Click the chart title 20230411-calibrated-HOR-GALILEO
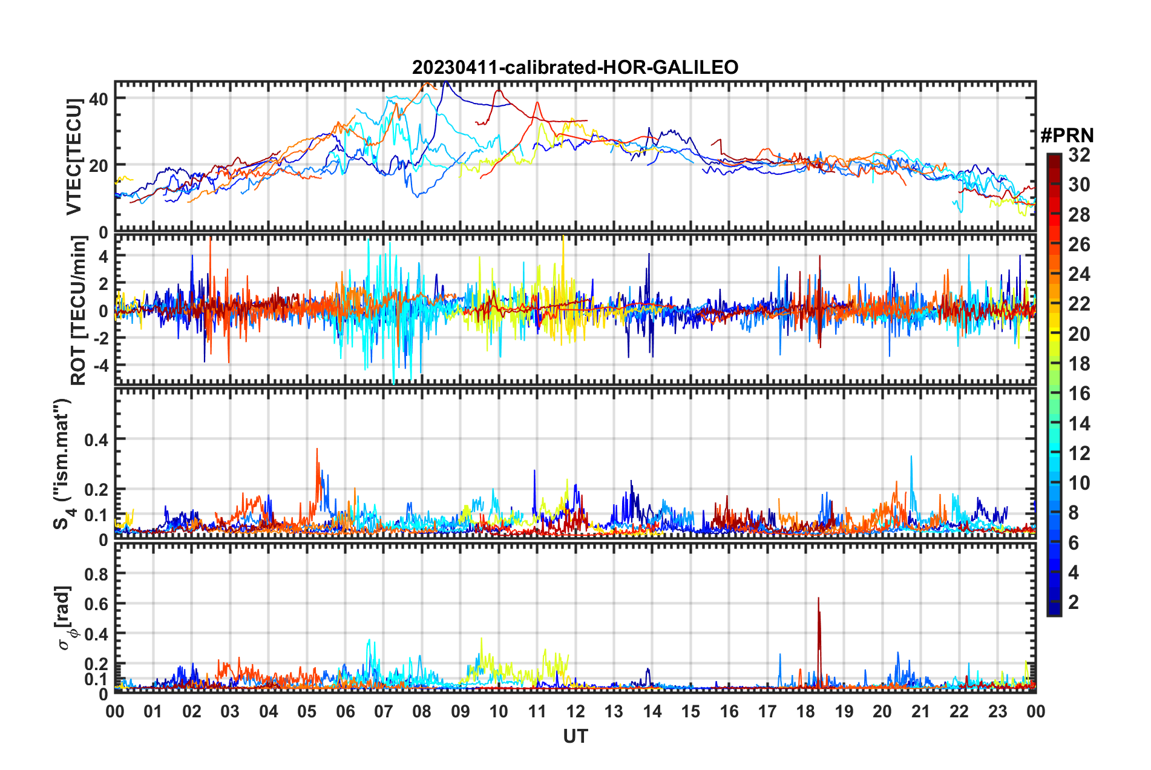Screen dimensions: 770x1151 tap(575, 67)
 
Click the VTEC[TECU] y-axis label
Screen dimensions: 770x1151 tap(74, 157)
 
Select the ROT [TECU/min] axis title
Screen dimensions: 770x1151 tap(79, 311)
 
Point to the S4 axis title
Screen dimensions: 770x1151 tap(62, 464)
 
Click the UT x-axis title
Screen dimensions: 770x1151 tap(575, 737)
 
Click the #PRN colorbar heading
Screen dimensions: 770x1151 tap(1067, 135)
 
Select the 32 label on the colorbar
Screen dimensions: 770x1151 tap(1079, 155)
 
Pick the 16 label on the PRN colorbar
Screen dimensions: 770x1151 tap(1079, 393)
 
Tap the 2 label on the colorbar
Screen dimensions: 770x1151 tap(1074, 602)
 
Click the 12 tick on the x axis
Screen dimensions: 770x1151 tap(575, 711)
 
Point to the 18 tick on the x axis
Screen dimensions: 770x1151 tap(805, 711)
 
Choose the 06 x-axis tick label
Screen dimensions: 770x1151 tap(345, 711)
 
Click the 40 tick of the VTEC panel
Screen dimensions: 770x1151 tap(99, 99)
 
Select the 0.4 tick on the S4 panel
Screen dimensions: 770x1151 tap(96, 439)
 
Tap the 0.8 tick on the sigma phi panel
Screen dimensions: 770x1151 tap(96, 573)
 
